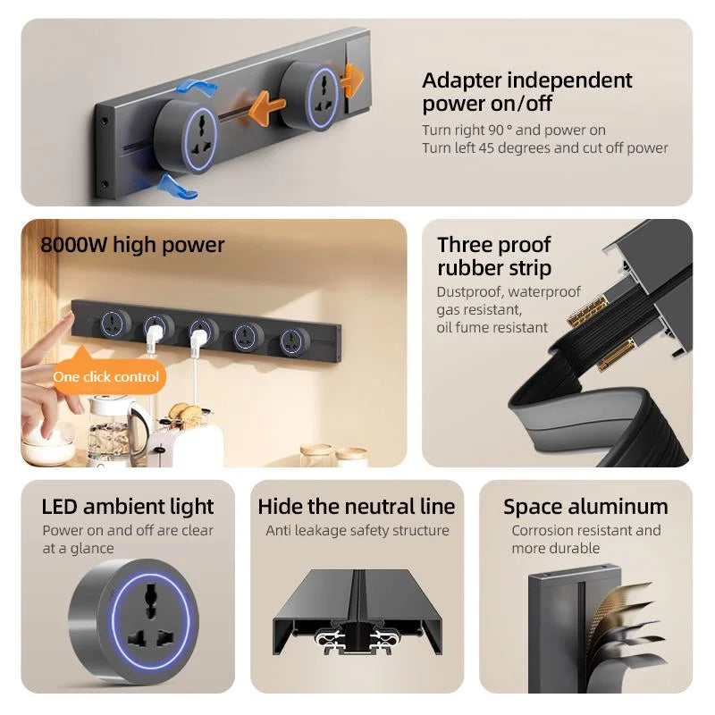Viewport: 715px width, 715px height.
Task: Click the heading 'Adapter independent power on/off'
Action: click(x=526, y=92)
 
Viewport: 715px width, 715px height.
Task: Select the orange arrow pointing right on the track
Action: click(x=350, y=80)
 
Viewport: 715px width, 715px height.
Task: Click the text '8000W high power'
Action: click(x=132, y=245)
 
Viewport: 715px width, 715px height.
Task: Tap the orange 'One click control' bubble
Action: click(x=106, y=376)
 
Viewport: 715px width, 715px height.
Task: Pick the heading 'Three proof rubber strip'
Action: click(x=494, y=257)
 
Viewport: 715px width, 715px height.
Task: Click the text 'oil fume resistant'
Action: click(x=492, y=327)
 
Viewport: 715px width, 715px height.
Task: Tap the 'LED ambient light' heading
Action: click(x=128, y=507)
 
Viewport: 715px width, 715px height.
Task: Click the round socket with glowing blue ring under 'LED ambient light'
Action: click(x=134, y=620)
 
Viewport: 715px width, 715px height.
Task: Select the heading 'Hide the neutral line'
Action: click(x=357, y=507)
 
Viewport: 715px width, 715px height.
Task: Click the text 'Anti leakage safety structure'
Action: click(x=357, y=531)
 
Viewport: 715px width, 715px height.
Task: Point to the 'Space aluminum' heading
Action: click(x=585, y=507)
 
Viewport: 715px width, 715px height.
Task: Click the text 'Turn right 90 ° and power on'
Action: click(x=514, y=130)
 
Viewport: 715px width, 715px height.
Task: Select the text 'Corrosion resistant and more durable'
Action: click(x=585, y=539)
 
